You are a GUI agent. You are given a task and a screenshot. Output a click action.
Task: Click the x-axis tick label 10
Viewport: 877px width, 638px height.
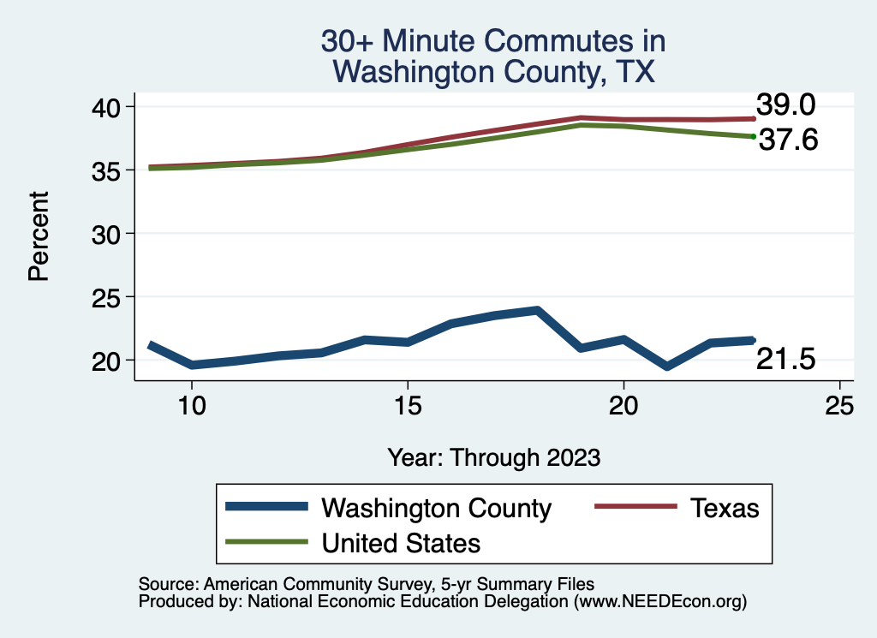click(x=192, y=406)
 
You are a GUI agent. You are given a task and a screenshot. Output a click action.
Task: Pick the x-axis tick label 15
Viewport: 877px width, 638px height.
click(x=408, y=406)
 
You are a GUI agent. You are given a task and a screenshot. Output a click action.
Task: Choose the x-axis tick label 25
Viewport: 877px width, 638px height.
click(x=839, y=406)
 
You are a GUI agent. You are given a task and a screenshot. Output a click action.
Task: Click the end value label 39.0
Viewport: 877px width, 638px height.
click(x=785, y=104)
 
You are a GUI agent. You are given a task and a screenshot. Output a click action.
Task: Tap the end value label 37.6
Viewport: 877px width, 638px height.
click(x=789, y=140)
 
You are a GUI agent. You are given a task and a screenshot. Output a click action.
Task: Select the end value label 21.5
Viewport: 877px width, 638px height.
click(x=785, y=361)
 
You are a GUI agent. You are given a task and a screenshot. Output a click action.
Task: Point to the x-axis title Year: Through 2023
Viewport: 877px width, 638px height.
click(x=493, y=457)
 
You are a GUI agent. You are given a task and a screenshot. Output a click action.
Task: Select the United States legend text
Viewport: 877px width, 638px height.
click(x=401, y=543)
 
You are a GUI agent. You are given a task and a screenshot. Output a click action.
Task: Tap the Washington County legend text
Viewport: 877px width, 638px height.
click(x=436, y=508)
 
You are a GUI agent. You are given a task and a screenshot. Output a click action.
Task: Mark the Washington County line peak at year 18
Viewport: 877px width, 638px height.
click(x=537, y=310)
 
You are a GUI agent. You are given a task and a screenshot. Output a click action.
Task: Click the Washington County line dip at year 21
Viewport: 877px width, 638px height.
click(x=666, y=367)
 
